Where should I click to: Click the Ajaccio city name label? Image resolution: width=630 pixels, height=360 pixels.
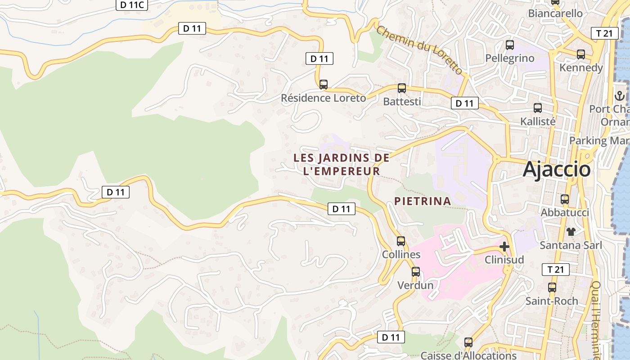(557, 170)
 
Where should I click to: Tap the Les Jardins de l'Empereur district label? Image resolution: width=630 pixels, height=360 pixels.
(341, 165)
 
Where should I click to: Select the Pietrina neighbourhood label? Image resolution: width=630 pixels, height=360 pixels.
(423, 201)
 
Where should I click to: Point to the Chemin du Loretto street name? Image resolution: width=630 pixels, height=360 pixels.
(419, 50)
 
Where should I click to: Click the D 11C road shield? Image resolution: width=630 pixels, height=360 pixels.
(132, 5)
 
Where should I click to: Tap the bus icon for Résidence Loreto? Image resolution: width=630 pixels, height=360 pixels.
(323, 84)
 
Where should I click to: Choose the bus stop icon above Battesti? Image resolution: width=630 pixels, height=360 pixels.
(401, 88)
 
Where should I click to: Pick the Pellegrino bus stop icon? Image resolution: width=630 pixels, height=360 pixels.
(509, 45)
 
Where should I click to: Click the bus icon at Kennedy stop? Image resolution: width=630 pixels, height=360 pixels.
(581, 54)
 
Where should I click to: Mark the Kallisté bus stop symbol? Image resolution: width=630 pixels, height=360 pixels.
(537, 108)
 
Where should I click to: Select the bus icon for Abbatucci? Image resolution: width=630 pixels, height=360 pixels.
(564, 199)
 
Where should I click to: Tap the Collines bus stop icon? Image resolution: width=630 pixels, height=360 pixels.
(400, 241)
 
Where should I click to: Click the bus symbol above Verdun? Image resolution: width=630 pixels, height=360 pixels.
(415, 272)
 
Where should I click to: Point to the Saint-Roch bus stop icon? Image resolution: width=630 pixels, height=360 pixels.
(552, 288)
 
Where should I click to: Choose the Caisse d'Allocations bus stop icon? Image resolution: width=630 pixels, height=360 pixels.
(468, 342)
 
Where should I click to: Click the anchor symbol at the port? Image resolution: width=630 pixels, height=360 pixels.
(620, 96)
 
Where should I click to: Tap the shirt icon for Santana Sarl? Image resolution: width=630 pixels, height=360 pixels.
(571, 232)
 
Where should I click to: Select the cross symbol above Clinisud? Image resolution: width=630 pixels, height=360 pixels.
(504, 247)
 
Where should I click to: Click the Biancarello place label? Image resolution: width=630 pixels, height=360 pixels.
(555, 13)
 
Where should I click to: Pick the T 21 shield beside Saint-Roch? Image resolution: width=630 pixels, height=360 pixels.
(555, 270)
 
